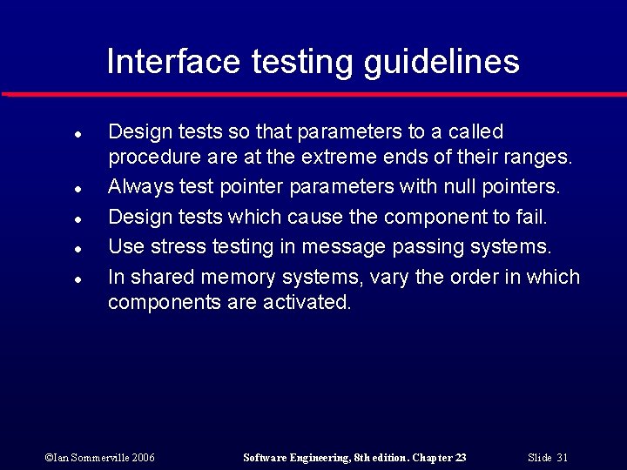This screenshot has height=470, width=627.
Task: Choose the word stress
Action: tap(175, 247)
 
